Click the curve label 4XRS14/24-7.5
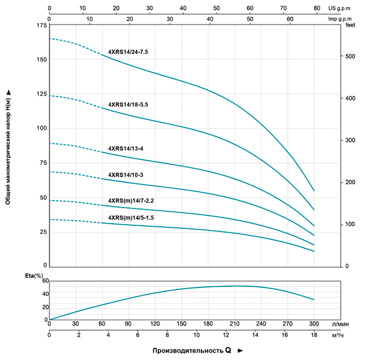pos(128,52)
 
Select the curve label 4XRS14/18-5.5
pos(128,104)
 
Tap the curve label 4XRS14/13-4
pos(125,148)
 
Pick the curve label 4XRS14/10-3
pos(125,175)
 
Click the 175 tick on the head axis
pos(41,26)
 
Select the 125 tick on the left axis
pos(41,95)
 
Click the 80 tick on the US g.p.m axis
pos(317,8)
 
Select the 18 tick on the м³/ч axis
pos(314,335)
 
